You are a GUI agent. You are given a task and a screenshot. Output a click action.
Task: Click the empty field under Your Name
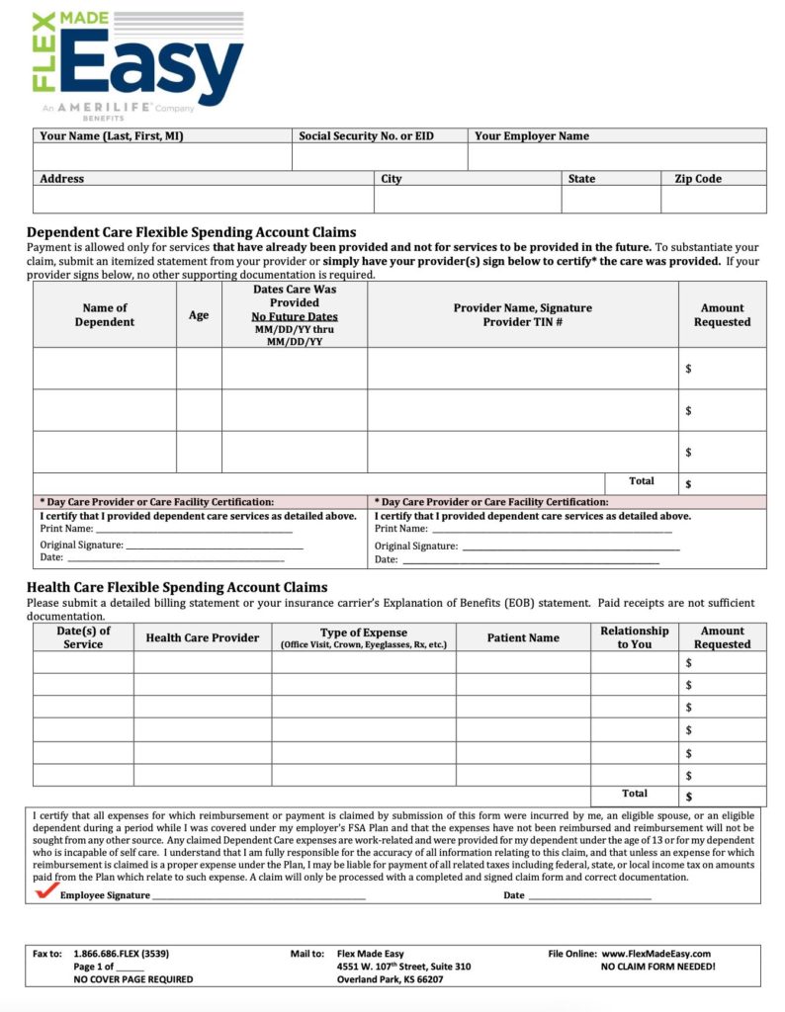162,157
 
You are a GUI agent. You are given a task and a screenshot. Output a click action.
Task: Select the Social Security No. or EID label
366,136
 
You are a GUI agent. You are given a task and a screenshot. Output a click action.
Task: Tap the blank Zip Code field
713,200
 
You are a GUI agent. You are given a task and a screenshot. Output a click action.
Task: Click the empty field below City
467,200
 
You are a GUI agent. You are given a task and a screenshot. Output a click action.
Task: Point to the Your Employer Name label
531,136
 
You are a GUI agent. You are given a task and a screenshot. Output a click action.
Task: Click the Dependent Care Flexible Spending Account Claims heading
191,232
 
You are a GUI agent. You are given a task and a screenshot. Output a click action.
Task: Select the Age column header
199,314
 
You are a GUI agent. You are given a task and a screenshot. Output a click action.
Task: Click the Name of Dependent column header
105,314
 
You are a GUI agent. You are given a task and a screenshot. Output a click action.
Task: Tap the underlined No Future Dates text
295,316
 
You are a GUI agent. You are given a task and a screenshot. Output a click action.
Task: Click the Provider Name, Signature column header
522,307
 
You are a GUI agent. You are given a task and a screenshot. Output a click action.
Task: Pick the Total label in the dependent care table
641,481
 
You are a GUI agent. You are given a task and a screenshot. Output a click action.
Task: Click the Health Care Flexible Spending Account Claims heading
177,587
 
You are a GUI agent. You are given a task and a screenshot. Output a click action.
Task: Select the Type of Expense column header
363,632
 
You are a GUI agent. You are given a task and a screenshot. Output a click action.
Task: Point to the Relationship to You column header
634,637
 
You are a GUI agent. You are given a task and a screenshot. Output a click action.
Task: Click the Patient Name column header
523,638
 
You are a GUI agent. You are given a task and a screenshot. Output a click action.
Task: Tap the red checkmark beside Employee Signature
45,891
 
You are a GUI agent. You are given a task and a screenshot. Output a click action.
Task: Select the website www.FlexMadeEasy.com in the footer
657,954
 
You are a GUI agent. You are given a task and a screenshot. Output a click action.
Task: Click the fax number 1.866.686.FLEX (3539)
121,954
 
